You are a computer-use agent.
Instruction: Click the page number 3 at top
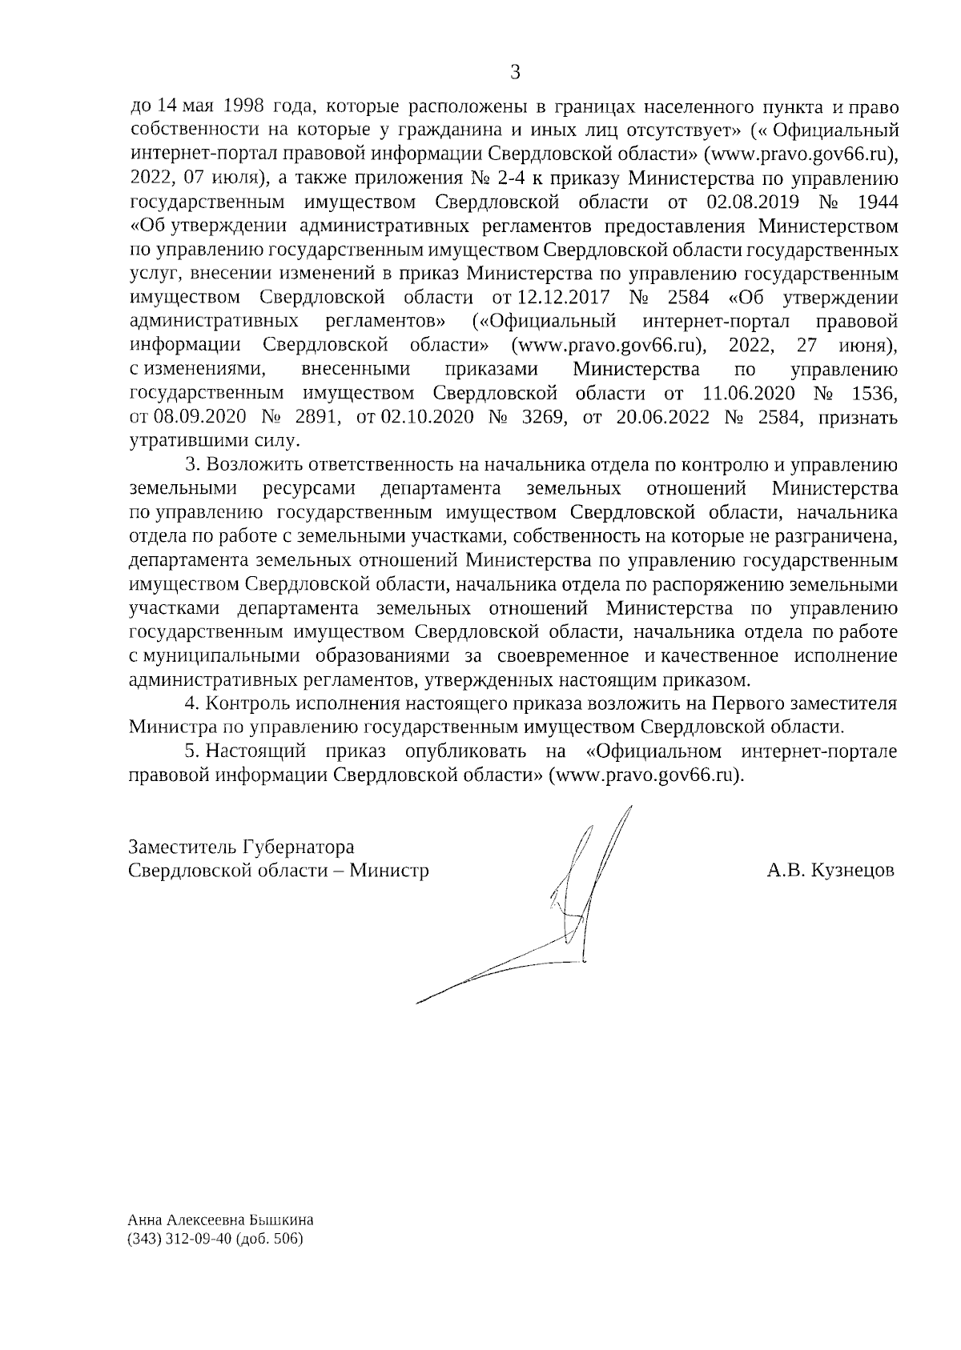tap(515, 73)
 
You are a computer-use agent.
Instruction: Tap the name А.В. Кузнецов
tap(830, 871)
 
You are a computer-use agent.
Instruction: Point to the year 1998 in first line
tap(241, 106)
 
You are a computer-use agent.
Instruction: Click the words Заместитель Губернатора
tap(241, 847)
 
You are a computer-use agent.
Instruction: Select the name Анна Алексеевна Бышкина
tap(220, 1221)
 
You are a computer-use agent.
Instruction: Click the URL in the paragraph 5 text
tap(645, 775)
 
